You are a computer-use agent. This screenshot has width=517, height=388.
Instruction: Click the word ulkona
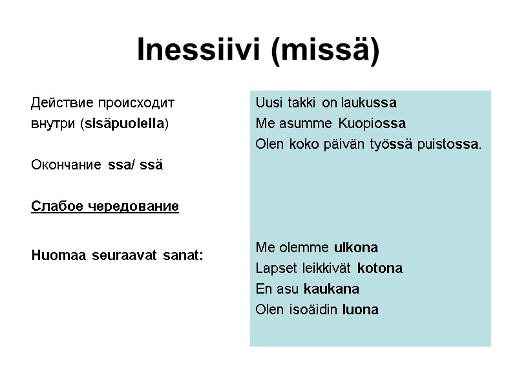click(355, 247)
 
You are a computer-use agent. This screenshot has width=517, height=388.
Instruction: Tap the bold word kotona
click(379, 268)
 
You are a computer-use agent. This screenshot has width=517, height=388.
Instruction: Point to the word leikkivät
click(329, 268)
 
